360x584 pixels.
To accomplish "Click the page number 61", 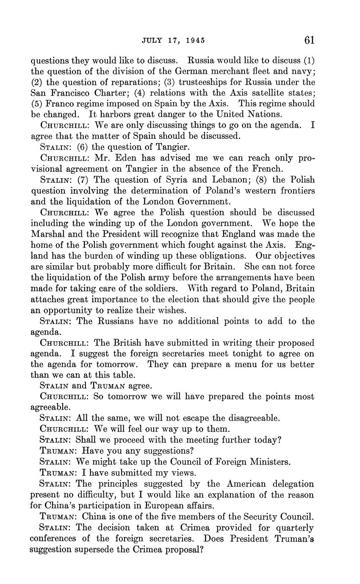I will coord(309,40).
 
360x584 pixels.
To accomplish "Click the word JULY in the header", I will coord(150,41).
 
